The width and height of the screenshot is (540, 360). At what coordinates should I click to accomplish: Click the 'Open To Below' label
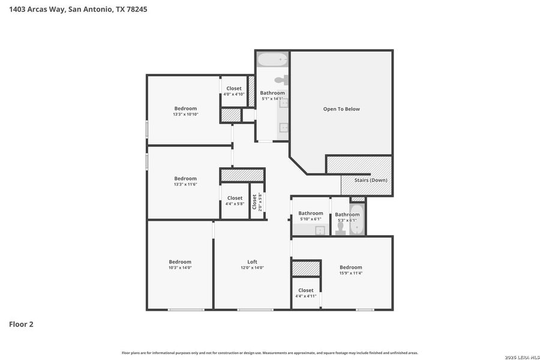tap(341, 109)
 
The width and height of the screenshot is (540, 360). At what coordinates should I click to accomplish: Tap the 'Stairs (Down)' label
tap(370, 180)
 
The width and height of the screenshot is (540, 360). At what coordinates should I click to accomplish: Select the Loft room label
tap(252, 262)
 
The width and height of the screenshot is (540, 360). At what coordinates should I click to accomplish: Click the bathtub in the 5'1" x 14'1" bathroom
tap(272, 60)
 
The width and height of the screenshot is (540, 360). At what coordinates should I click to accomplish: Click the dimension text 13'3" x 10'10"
tap(185, 114)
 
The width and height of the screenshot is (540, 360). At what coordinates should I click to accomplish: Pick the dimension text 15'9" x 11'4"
tap(351, 273)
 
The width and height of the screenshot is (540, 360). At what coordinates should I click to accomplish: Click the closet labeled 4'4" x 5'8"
tap(235, 200)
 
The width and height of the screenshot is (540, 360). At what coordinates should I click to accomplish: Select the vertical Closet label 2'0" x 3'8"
tap(257, 201)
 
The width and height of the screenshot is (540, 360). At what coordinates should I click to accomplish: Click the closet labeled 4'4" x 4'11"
tap(305, 293)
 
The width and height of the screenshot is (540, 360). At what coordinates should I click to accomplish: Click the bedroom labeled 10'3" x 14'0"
tap(180, 265)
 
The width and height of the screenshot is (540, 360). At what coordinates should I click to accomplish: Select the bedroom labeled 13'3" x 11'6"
tap(185, 181)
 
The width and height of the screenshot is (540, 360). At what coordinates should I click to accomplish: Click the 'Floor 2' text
tap(21, 325)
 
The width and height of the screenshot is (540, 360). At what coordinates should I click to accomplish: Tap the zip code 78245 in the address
tap(136, 9)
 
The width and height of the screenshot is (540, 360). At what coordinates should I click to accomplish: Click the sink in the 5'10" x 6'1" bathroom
tap(320, 230)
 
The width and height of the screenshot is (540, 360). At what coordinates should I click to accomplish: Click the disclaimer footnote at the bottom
tap(270, 353)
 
